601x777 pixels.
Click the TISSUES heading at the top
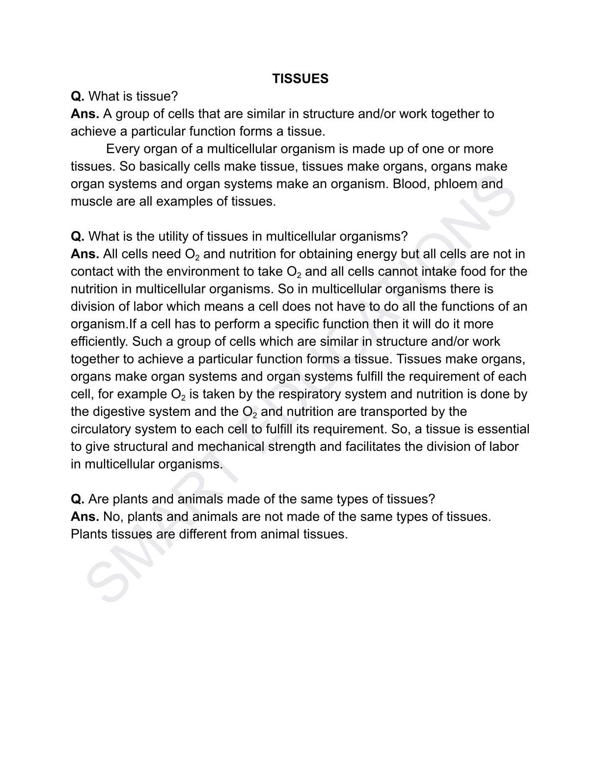(300, 79)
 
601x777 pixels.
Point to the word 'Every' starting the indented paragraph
(123, 149)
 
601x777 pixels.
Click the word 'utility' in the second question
(173, 236)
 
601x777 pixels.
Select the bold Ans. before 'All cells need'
(85, 254)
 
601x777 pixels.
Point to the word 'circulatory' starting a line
(101, 429)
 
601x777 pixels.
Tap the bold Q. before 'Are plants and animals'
(78, 499)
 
